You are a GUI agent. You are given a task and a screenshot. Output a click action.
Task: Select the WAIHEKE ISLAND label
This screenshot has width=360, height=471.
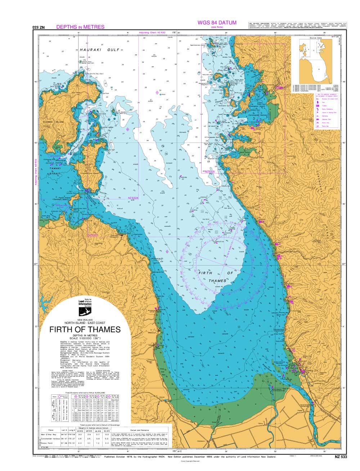pos(54,122)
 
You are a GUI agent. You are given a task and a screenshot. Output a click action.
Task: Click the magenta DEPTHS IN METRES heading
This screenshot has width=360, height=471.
pos(80,27)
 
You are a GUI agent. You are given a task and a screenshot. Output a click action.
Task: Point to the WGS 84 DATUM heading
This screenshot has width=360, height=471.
pos(217,23)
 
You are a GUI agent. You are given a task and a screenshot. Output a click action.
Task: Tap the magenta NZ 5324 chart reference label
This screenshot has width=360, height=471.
pos(133,198)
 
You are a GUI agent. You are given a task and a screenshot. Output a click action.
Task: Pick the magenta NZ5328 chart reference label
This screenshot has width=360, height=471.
pos(210,172)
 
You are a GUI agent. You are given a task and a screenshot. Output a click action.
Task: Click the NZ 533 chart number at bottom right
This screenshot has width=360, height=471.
pos(341,457)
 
